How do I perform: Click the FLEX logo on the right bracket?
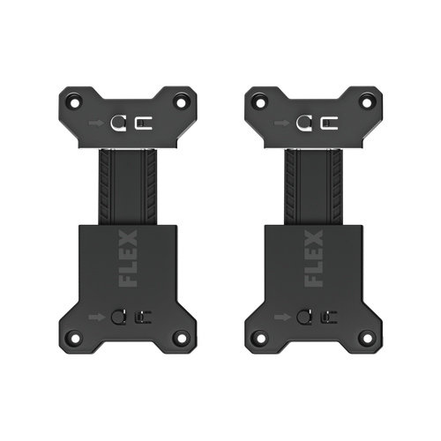click(x=313, y=258)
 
